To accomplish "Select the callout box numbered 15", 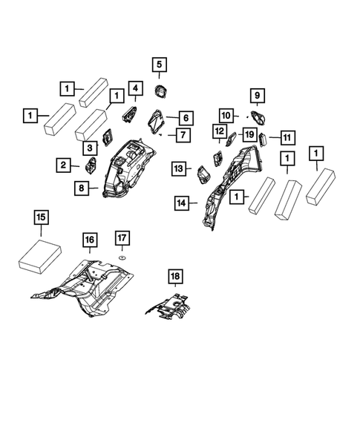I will point(42,217).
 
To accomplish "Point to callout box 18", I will point(174,277).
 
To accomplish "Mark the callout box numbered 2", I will point(64,164).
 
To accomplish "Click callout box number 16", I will point(90,240).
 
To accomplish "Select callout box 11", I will point(287,137).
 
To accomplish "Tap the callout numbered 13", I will point(178,168).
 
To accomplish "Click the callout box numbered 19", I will point(249,134).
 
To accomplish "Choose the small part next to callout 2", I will point(92,165).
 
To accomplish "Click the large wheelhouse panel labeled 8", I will point(126,167).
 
